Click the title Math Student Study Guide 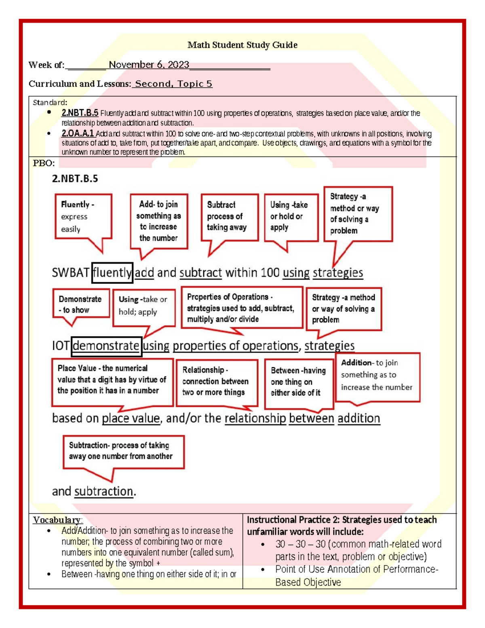(x=242, y=45)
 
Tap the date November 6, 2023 (x=149, y=65)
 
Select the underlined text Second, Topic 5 (x=173, y=84)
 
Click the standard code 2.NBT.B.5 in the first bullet (x=80, y=113)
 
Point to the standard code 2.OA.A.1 (x=77, y=133)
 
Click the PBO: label (x=43, y=163)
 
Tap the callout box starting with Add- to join (x=159, y=221)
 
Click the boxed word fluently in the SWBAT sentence (x=112, y=273)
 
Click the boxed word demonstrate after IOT (x=106, y=346)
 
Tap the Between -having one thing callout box (x=299, y=382)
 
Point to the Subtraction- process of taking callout (x=123, y=451)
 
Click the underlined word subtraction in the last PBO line (x=103, y=491)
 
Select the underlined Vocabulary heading (x=57, y=520)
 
